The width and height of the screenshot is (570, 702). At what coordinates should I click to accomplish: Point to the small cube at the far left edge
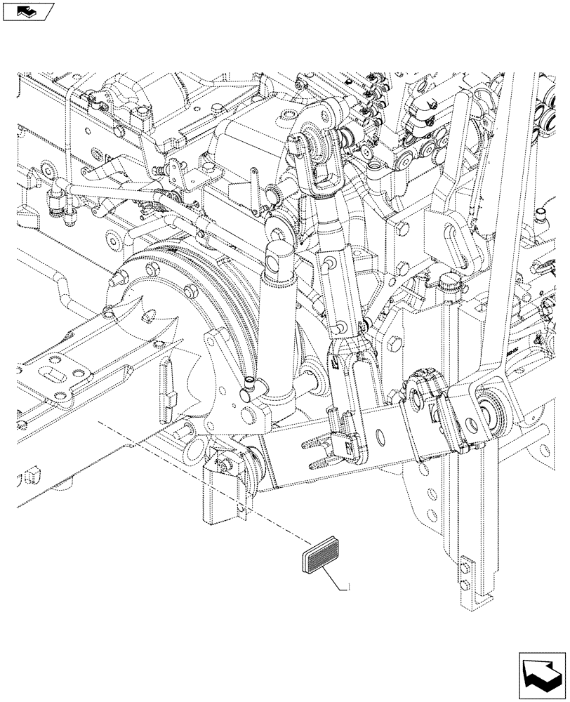coord(29,478)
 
